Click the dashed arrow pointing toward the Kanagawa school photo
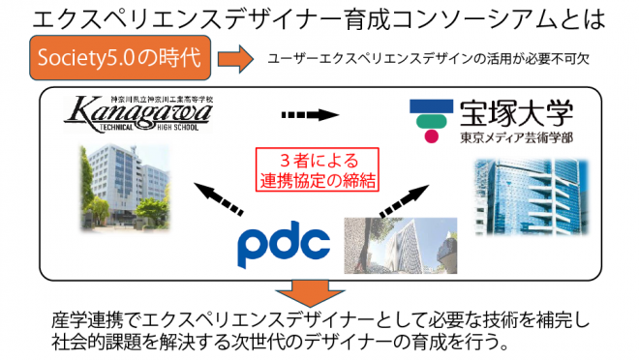pos(221,201)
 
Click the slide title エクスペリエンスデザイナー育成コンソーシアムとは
pos(319,19)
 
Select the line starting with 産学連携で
pos(319,321)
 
